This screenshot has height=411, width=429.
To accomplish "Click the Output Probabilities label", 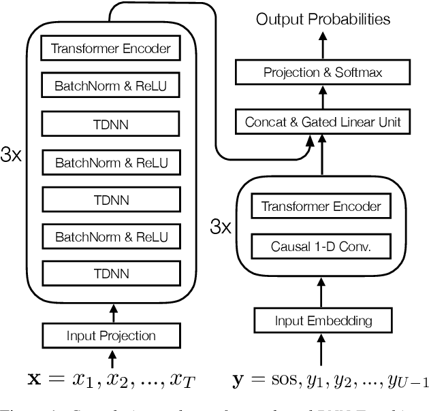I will [x=323, y=18].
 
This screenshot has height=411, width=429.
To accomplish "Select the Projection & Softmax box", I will [x=323, y=71].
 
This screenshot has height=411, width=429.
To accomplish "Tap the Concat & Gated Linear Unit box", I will [x=323, y=122].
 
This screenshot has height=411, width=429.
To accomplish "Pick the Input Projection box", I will [x=110, y=335].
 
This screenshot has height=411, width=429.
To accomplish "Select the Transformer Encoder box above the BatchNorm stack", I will [x=110, y=48].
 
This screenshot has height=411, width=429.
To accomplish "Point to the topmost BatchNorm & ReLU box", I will [x=110, y=86].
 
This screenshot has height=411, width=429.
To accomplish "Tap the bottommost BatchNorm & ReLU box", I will [x=110, y=237].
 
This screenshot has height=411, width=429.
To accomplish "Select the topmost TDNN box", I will [x=110, y=125].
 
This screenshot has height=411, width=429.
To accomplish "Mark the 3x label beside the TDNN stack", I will [x=12, y=156].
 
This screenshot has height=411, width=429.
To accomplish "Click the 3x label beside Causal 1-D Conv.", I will [x=221, y=227].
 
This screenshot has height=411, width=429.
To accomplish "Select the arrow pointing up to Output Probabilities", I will [x=323, y=42].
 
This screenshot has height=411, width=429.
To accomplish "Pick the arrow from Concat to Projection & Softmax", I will [x=323, y=97].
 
